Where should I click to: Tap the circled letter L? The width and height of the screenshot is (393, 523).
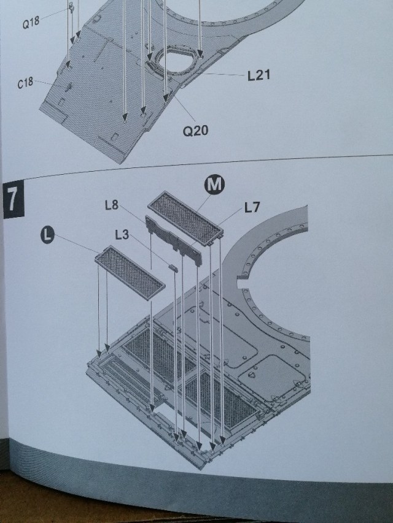pyautogui.click(x=47, y=234)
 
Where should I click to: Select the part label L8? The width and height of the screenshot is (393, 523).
pyautogui.click(x=111, y=206)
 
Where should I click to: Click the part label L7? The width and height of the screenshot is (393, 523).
pyautogui.click(x=252, y=208)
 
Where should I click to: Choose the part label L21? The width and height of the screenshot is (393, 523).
pyautogui.click(x=259, y=76)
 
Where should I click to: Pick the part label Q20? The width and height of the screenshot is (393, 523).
pyautogui.click(x=196, y=129)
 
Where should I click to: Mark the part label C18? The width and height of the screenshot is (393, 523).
pyautogui.click(x=26, y=83)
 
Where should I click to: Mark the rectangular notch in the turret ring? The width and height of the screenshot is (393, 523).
pyautogui.click(x=244, y=284)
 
